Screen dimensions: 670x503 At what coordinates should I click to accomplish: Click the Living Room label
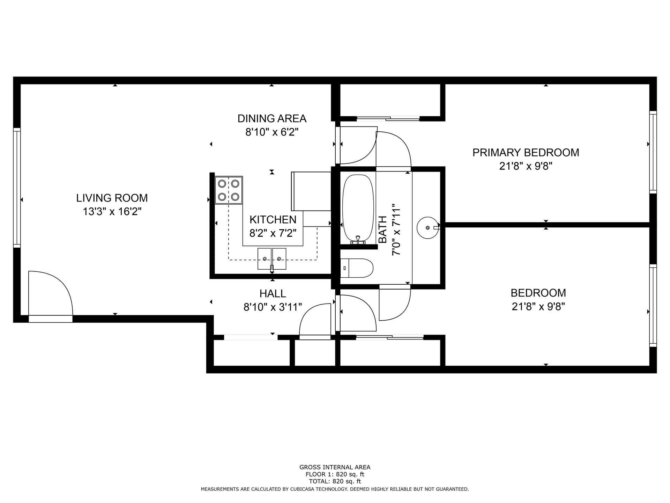tap(112, 198)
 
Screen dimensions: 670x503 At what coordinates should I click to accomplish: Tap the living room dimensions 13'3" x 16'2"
tap(112, 212)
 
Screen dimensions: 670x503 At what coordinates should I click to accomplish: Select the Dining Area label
tap(272, 119)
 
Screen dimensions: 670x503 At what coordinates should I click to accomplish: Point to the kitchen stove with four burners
tap(229, 190)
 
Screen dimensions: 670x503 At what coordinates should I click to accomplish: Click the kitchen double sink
tap(272, 259)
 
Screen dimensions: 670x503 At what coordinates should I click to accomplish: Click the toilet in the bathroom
tap(357, 268)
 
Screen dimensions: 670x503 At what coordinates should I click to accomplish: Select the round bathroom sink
tap(427, 227)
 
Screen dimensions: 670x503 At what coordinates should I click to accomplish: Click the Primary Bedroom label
tap(526, 153)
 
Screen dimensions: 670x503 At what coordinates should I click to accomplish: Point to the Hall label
tap(273, 293)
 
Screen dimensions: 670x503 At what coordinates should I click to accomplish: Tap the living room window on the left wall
tap(17, 188)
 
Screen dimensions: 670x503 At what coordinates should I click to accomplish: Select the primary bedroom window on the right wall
tap(653, 152)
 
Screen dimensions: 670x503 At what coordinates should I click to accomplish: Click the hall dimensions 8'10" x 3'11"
tap(273, 307)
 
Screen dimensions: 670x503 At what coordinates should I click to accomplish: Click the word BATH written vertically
tap(383, 229)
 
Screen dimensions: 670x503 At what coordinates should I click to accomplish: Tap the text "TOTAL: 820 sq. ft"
tap(335, 481)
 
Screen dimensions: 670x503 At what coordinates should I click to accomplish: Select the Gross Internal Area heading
tap(335, 467)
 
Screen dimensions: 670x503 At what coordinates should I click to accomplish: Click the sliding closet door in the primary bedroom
tap(388, 119)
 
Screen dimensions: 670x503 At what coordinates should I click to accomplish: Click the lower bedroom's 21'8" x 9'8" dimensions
tap(538, 307)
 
